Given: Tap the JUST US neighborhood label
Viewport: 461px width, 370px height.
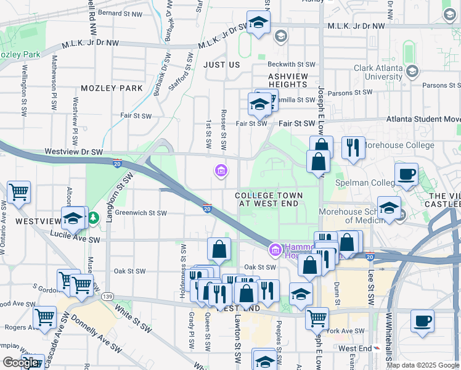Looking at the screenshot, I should (221, 64).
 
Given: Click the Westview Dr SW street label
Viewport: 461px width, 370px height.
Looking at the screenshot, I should (75, 152).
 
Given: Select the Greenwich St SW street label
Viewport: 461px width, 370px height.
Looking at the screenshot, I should (141, 213).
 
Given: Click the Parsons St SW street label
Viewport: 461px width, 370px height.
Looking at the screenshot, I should (351, 92).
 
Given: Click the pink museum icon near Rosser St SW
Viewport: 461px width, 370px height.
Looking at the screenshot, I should (221, 170).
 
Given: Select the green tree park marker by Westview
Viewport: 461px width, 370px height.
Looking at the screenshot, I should (92, 218).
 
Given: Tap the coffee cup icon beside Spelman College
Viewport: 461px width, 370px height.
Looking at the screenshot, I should (406, 175).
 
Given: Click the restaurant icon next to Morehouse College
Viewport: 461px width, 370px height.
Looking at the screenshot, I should (353, 148).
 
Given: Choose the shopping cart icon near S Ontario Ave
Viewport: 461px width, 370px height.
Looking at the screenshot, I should (18, 192).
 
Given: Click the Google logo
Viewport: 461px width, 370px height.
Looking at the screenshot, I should (20, 363).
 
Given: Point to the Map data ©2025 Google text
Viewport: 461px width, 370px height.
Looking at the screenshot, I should (422, 364).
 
